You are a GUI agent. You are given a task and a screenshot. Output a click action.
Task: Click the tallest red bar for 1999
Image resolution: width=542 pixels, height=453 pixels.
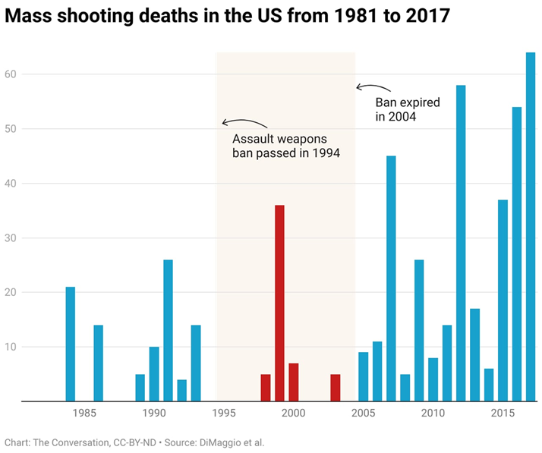279,303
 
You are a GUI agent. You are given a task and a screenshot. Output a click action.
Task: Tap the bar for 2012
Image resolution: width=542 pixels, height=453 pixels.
461,243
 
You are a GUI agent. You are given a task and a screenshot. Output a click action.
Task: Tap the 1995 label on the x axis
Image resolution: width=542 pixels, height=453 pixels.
224,414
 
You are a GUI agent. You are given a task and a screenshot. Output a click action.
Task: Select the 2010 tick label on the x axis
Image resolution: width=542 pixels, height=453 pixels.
433,414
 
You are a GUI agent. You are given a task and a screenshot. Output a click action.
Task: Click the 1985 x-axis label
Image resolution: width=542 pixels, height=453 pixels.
84,414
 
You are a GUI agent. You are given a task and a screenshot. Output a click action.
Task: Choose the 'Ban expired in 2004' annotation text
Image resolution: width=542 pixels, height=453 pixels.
408,109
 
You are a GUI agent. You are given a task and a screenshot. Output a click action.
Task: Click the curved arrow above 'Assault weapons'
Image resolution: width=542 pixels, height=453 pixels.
244,123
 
